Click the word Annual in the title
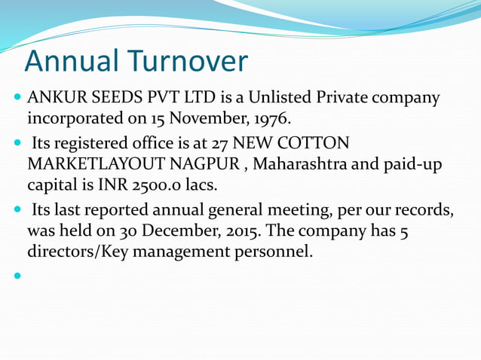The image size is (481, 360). click(71, 61)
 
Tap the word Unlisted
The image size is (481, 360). click(283, 98)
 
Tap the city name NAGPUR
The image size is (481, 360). click(207, 163)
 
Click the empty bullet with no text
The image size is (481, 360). click(17, 276)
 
